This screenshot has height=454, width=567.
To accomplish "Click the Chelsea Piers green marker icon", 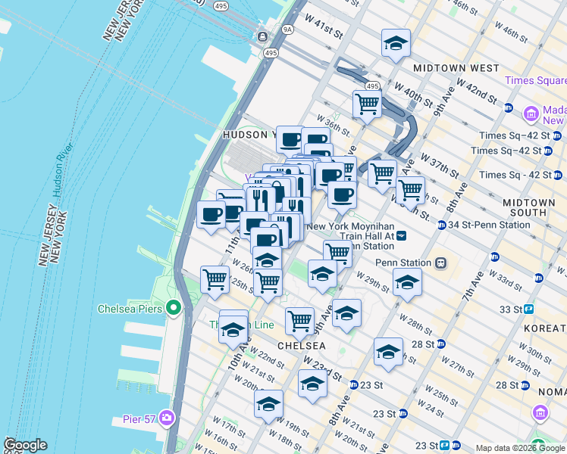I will [173, 308].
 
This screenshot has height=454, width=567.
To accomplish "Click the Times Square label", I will [537, 80].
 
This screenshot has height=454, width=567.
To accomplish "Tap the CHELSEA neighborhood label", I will [301, 345].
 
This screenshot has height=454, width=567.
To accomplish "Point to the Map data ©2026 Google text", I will [520, 448].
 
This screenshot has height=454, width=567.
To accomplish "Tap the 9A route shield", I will [287, 30].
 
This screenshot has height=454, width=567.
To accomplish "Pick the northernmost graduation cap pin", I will [395, 45].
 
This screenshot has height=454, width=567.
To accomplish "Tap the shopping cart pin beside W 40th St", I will [367, 105].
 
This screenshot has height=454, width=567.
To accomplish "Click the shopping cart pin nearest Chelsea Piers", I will [215, 279].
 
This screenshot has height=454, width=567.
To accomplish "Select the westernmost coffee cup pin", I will [211, 215].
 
